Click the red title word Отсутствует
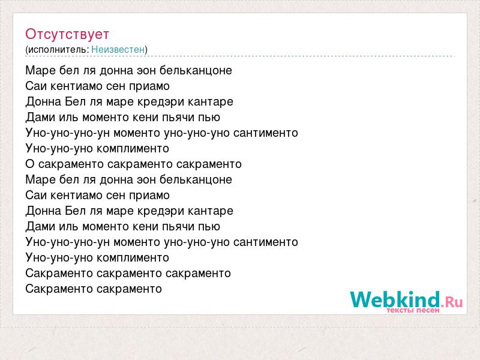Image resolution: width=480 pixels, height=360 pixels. [x=67, y=34]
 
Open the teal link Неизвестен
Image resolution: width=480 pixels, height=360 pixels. [x=118, y=49]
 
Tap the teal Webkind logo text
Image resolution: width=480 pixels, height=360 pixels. [x=395, y=299]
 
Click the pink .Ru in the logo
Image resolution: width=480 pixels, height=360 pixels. [x=452, y=302]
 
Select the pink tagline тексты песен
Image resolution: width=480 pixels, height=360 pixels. [x=413, y=310]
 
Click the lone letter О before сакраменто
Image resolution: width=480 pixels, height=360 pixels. [x=29, y=164]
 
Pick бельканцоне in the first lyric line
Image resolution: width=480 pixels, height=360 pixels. [x=196, y=70]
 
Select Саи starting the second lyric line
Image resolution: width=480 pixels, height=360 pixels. [x=35, y=86]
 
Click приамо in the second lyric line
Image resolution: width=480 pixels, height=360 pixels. [x=149, y=86]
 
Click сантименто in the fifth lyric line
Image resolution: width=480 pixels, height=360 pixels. [x=265, y=133]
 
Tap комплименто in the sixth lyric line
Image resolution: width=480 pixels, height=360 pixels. [x=133, y=149]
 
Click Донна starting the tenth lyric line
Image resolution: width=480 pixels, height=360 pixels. [x=43, y=211]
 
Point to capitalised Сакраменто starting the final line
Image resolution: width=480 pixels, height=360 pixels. [x=59, y=289]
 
